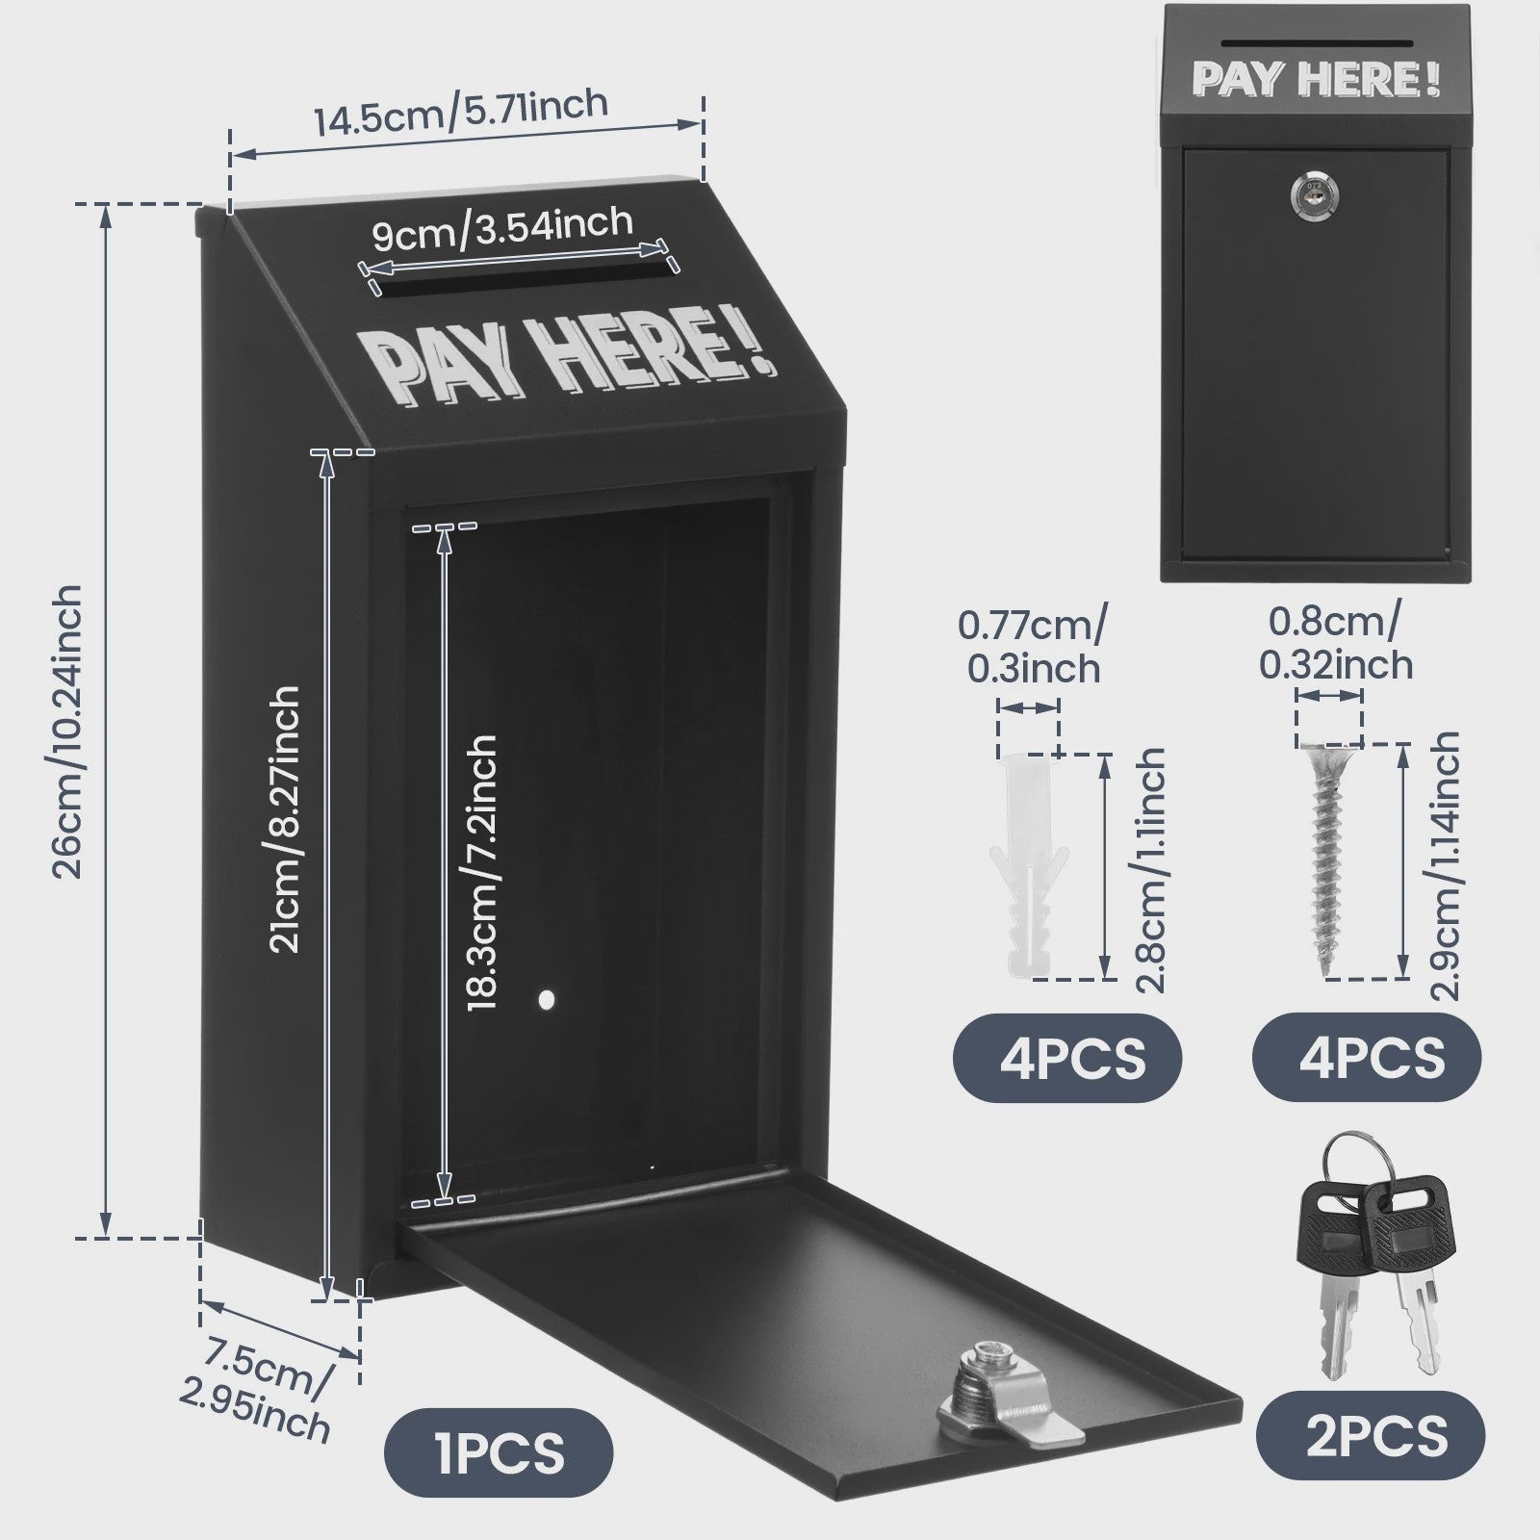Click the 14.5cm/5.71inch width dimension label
point(461,112)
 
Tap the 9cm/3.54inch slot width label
point(502,230)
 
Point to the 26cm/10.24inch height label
point(66,731)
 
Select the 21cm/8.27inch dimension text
point(285,819)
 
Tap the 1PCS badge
point(499,1453)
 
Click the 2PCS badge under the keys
point(1371,1436)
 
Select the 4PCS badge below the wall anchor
point(1066,1058)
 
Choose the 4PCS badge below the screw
point(1367,1058)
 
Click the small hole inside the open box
point(547,1000)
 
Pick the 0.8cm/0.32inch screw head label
point(1336,642)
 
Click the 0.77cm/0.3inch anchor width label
point(1033,646)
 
